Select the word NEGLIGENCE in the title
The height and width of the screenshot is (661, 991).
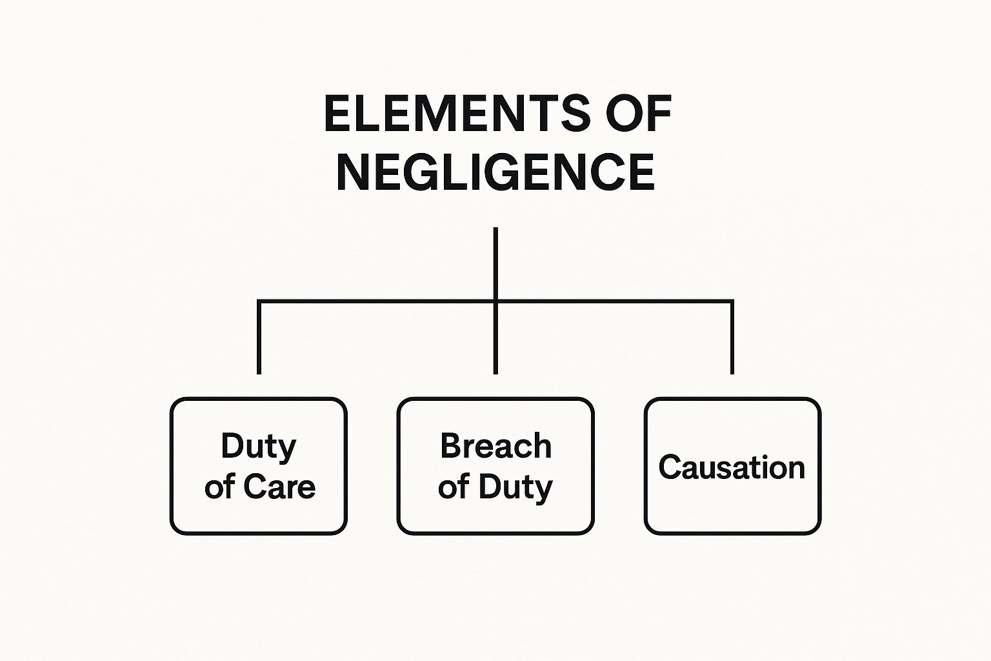click(x=495, y=172)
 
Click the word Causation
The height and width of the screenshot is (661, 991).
click(x=732, y=467)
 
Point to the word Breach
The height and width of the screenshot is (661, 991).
click(x=495, y=446)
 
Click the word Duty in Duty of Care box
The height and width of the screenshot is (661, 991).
click(x=259, y=446)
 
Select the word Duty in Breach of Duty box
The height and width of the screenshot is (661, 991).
click(x=514, y=487)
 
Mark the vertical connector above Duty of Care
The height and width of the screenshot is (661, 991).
click(x=259, y=339)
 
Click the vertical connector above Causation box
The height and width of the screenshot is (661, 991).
click(x=732, y=339)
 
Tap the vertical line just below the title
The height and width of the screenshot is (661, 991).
click(x=495, y=261)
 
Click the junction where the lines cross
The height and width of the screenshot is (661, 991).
click(x=495, y=301)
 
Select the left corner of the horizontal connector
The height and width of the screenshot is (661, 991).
click(x=259, y=301)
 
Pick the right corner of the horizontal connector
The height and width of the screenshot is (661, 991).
click(x=732, y=301)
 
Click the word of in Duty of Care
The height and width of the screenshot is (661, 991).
click(x=218, y=487)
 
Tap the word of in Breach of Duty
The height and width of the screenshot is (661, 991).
click(x=452, y=487)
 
